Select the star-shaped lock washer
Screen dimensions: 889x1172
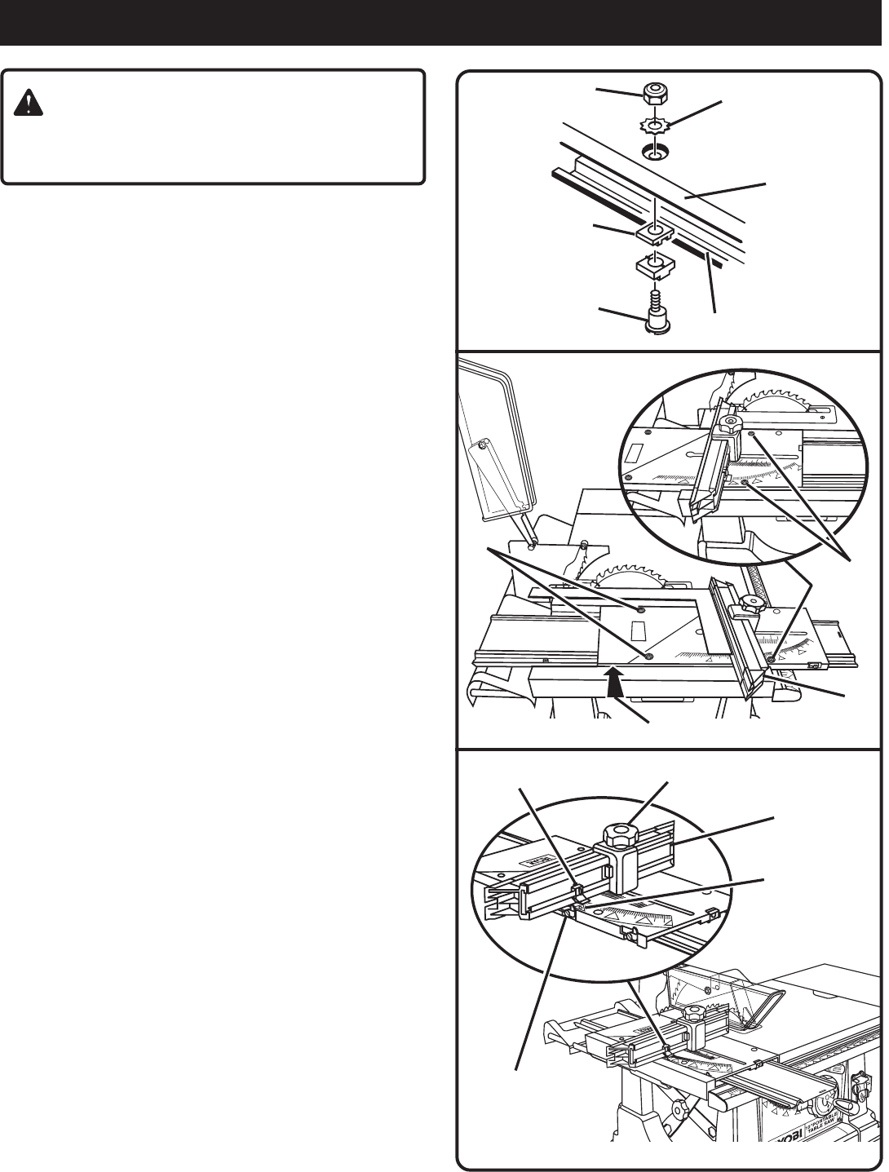pos(652,126)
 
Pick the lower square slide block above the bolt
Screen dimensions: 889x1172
pos(654,267)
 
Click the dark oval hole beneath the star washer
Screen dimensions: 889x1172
pos(652,151)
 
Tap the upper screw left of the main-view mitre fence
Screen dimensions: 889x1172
pos(642,610)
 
